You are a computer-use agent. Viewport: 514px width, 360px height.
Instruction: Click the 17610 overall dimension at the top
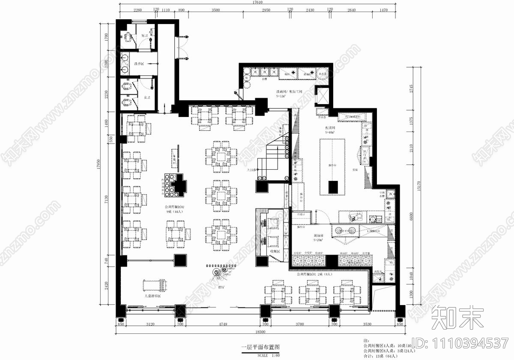tap(257, 3)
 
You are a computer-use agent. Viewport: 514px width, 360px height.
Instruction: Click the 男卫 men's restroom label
tap(145, 36)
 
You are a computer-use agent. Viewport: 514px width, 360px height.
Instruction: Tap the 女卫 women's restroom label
tap(147, 98)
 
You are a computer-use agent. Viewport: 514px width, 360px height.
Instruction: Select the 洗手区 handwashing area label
tap(138, 64)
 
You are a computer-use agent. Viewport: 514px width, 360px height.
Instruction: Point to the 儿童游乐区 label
tap(152, 296)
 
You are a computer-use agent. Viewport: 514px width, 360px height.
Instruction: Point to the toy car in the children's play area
tap(154, 284)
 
